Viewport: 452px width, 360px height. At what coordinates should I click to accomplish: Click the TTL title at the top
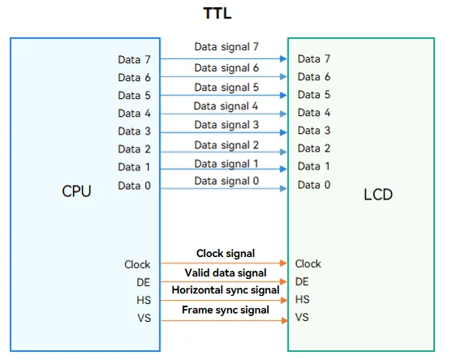217,13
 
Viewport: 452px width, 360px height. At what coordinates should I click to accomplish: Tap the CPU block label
76,191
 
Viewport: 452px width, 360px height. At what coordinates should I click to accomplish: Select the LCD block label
378,195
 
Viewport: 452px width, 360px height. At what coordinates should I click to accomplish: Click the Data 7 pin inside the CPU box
134,60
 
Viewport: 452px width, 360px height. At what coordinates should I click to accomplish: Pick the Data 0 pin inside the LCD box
314,185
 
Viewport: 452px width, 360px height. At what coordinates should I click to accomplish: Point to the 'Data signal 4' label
226,106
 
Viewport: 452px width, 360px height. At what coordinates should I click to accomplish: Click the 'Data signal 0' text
226,181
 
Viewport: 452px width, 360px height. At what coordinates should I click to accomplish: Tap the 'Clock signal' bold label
226,254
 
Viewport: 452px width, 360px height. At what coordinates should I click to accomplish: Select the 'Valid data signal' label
226,272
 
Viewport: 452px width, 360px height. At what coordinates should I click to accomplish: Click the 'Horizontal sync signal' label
226,290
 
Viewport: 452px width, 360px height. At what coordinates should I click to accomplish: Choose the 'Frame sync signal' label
226,310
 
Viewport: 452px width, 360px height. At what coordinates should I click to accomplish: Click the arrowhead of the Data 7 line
283,58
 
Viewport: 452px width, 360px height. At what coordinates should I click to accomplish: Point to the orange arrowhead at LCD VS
284,320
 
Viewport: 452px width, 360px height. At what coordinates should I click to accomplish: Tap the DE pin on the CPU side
144,282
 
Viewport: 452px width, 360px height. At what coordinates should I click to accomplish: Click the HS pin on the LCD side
302,299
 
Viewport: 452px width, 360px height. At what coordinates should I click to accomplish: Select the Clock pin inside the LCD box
308,264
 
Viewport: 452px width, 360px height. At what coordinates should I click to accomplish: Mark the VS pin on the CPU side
144,318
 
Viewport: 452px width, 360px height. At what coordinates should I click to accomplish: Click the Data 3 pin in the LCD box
314,131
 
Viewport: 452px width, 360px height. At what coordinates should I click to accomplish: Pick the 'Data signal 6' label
226,68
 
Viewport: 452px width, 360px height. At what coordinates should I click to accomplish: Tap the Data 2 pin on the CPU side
134,149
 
